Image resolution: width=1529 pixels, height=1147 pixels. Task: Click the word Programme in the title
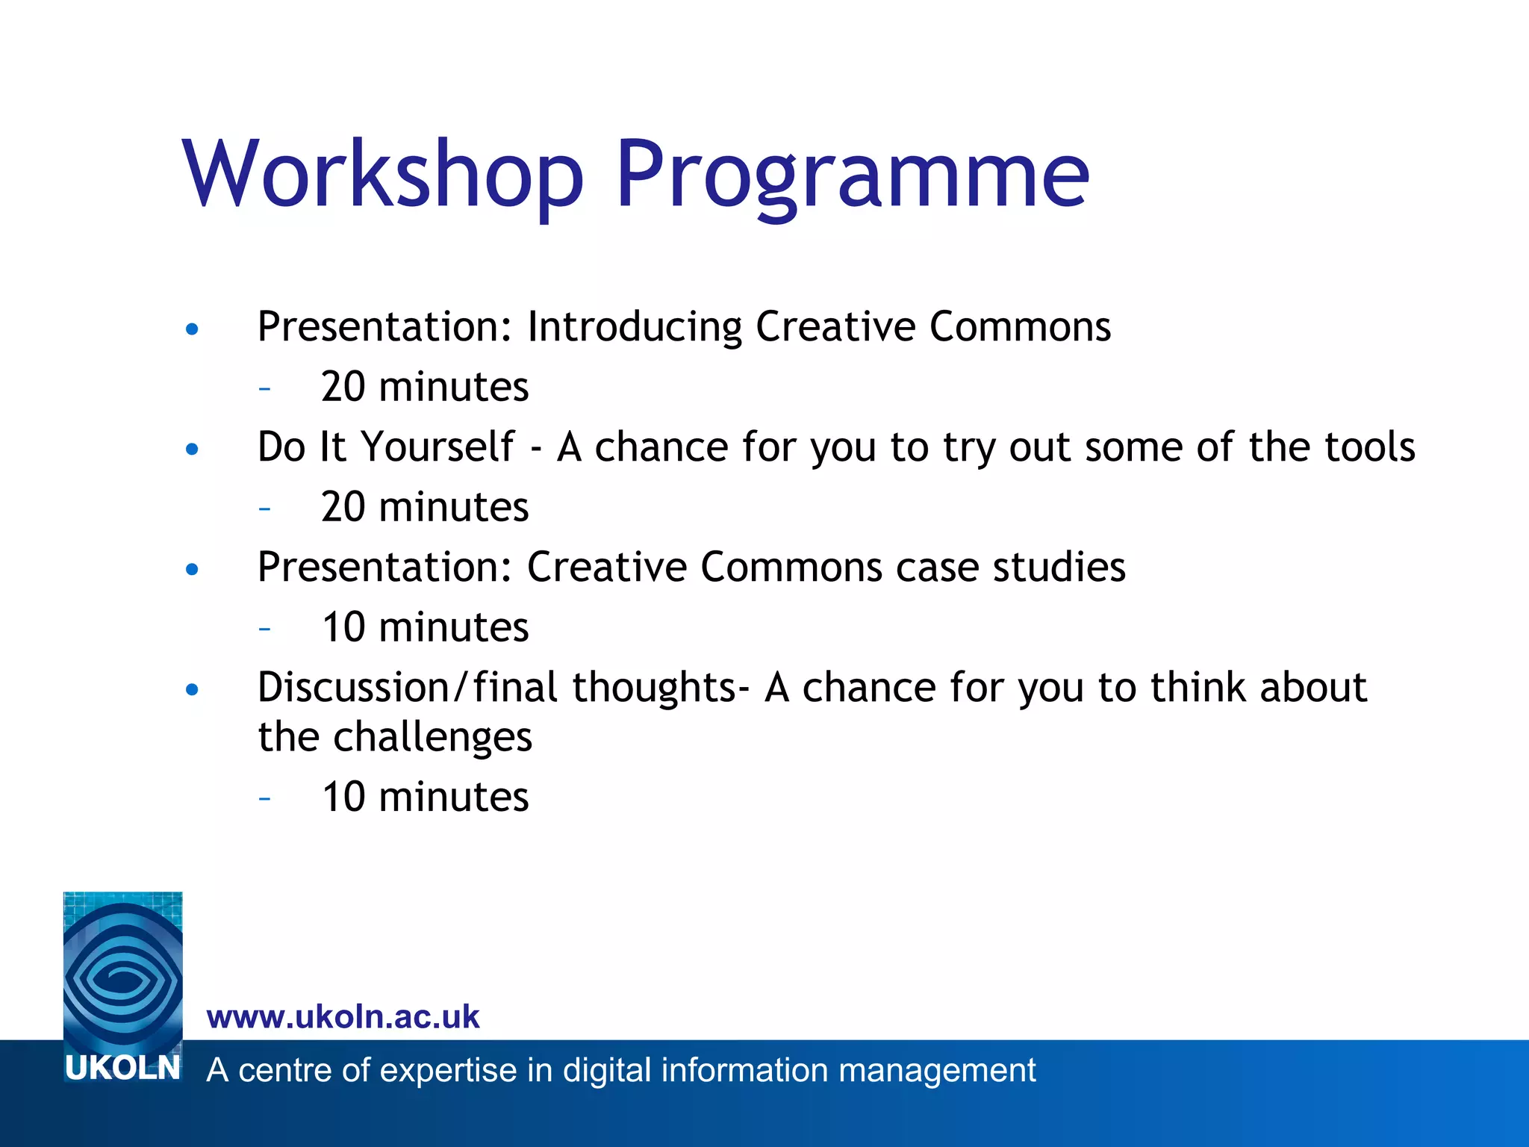(x=851, y=175)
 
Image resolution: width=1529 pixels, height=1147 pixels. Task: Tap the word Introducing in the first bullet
(x=634, y=327)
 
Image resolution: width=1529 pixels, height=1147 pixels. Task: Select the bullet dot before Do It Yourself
(x=193, y=449)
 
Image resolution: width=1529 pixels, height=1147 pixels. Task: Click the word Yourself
(x=438, y=447)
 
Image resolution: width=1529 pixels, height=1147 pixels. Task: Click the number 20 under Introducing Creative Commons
(x=343, y=387)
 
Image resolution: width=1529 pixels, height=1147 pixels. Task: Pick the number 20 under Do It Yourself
(x=343, y=507)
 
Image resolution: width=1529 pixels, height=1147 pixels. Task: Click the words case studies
(x=1010, y=567)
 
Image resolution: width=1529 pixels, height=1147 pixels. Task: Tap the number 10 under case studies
(x=343, y=627)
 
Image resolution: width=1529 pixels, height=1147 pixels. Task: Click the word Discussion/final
(x=407, y=688)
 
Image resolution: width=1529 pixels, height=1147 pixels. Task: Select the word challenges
(x=432, y=737)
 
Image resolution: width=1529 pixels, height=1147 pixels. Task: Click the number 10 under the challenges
(x=343, y=797)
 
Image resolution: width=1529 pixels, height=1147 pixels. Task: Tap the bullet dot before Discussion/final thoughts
(x=193, y=689)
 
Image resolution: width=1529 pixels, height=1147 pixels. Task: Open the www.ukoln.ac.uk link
(x=343, y=1017)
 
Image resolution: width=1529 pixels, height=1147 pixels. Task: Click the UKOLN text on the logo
(x=122, y=1068)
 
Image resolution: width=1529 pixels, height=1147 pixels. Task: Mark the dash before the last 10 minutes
(x=264, y=798)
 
